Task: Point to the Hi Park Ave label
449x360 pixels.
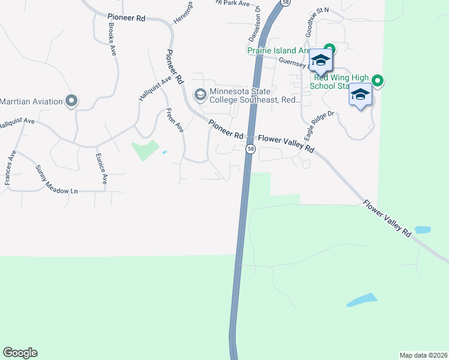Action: [234, 3]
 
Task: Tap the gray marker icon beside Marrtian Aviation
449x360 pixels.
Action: [71, 101]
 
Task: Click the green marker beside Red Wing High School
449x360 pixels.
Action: [378, 80]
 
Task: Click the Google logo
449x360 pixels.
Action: [20, 353]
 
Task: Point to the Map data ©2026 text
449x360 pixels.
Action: [423, 355]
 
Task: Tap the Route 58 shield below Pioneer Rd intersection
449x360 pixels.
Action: [251, 149]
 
